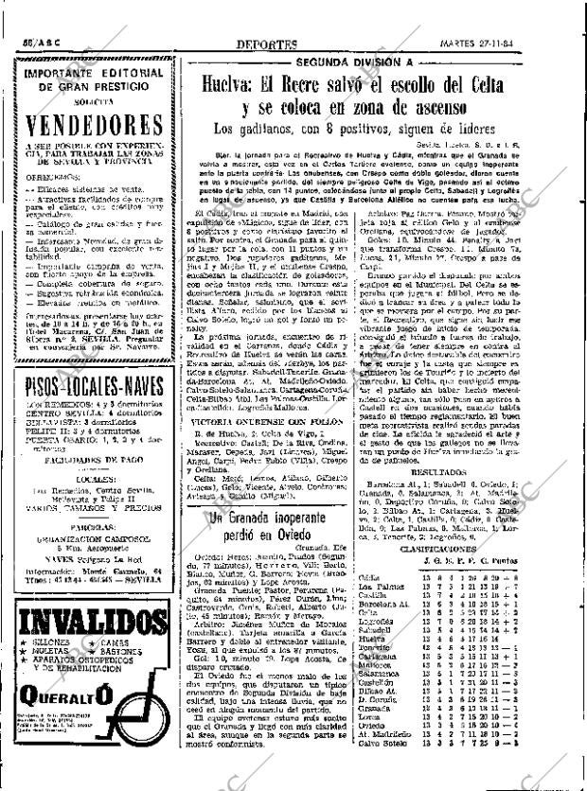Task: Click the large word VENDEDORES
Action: [x=98, y=127]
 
